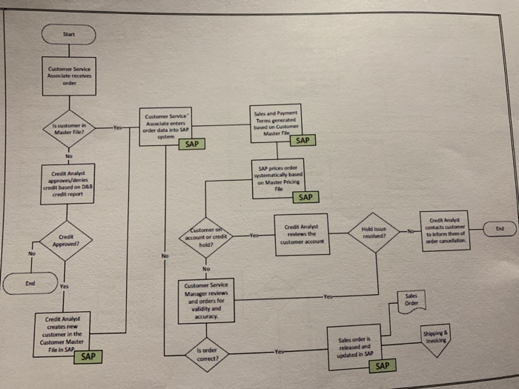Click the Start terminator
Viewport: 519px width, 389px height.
click(x=69, y=34)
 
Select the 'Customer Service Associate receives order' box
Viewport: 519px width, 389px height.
click(x=68, y=77)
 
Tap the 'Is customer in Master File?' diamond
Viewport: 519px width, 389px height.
click(x=69, y=130)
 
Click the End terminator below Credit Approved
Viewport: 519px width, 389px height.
click(x=30, y=282)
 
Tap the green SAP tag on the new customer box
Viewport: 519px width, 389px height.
click(x=88, y=356)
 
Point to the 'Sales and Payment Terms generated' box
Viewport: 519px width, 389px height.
click(x=276, y=122)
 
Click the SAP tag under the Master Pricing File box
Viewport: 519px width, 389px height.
click(x=305, y=197)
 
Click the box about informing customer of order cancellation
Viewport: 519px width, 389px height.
click(x=444, y=230)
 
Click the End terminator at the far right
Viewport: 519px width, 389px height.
click(x=500, y=229)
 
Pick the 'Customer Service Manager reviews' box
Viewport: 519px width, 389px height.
click(x=207, y=301)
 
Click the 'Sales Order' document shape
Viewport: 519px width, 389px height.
click(x=411, y=300)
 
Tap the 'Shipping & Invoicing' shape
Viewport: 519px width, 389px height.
click(x=436, y=336)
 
